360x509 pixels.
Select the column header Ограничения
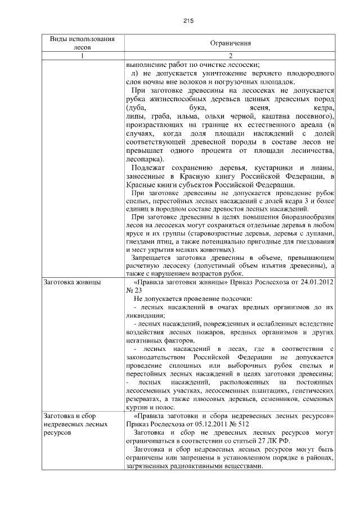230,43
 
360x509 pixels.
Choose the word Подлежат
148,168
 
